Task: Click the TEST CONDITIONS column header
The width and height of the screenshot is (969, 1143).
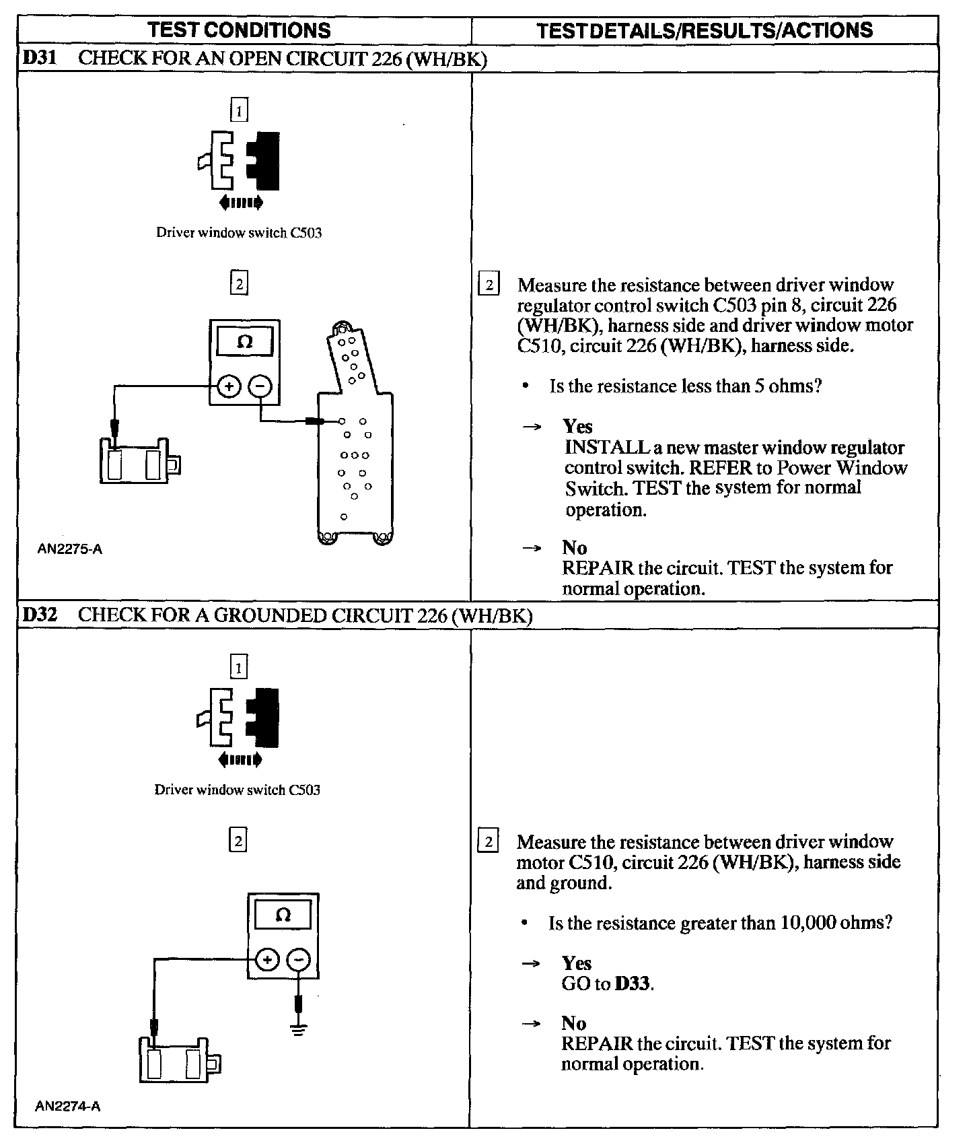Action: [x=239, y=30]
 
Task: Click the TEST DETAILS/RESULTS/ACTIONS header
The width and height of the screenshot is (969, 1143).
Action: [x=705, y=30]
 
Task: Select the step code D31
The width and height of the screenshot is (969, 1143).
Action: [x=38, y=58]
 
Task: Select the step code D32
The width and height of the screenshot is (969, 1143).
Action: [x=38, y=615]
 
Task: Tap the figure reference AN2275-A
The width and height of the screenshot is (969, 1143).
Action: [x=70, y=549]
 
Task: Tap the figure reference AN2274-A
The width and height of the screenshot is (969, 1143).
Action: [x=68, y=1106]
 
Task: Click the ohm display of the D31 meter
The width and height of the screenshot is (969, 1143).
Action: [x=245, y=342]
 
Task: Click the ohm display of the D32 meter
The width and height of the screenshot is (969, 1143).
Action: [x=283, y=915]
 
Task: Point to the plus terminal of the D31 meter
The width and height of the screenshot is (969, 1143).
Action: [x=229, y=386]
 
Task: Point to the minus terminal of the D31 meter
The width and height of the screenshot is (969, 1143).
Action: [x=260, y=386]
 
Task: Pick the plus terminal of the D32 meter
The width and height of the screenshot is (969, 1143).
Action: [x=267, y=960]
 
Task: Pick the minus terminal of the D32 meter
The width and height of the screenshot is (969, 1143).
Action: [x=299, y=960]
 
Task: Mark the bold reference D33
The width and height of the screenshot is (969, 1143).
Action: [x=633, y=984]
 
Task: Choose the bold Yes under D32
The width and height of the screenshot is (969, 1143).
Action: [x=576, y=963]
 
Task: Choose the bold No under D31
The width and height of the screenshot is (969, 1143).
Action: [x=575, y=547]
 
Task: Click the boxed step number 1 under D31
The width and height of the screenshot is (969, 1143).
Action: [x=239, y=110]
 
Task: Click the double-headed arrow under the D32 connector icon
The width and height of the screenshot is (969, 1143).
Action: [x=240, y=761]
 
